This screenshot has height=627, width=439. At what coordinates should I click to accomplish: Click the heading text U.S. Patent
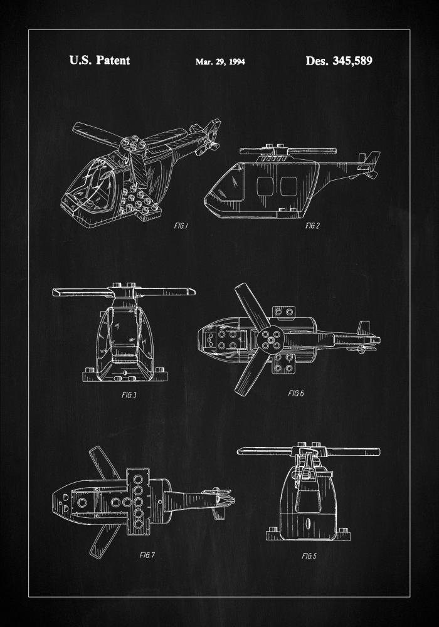[x=99, y=61]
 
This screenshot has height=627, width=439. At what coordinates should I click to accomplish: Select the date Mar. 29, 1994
[x=220, y=61]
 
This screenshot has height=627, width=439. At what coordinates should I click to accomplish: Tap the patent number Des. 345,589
[x=339, y=61]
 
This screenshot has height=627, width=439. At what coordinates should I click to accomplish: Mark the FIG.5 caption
[x=309, y=556]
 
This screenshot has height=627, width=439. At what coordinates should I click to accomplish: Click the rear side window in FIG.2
[x=288, y=186]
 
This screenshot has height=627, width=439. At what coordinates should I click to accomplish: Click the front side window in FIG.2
[x=263, y=186]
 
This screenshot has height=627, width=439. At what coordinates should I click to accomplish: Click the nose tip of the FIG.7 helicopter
[x=54, y=500]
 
